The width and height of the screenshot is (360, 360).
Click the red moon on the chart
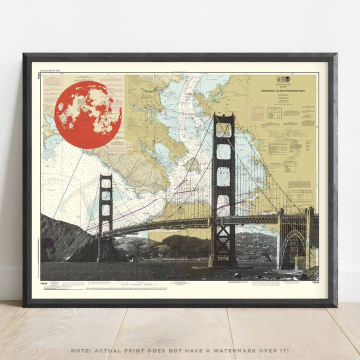(88, 114)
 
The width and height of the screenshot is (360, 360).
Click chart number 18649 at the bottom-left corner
(44, 283)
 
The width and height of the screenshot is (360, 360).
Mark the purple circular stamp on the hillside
(48, 243)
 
